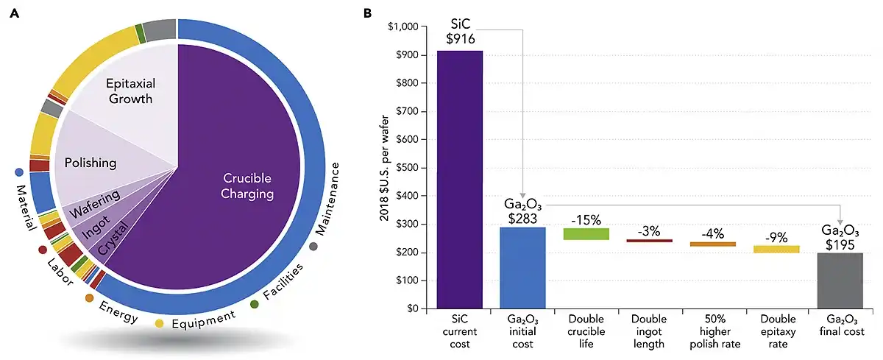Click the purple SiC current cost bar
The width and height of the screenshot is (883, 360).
point(460,179)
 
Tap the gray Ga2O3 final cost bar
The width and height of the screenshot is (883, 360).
point(840,280)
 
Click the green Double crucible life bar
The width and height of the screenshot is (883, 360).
point(586,233)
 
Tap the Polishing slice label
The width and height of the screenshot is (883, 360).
point(90,162)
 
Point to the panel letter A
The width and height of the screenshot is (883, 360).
point(14,14)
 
